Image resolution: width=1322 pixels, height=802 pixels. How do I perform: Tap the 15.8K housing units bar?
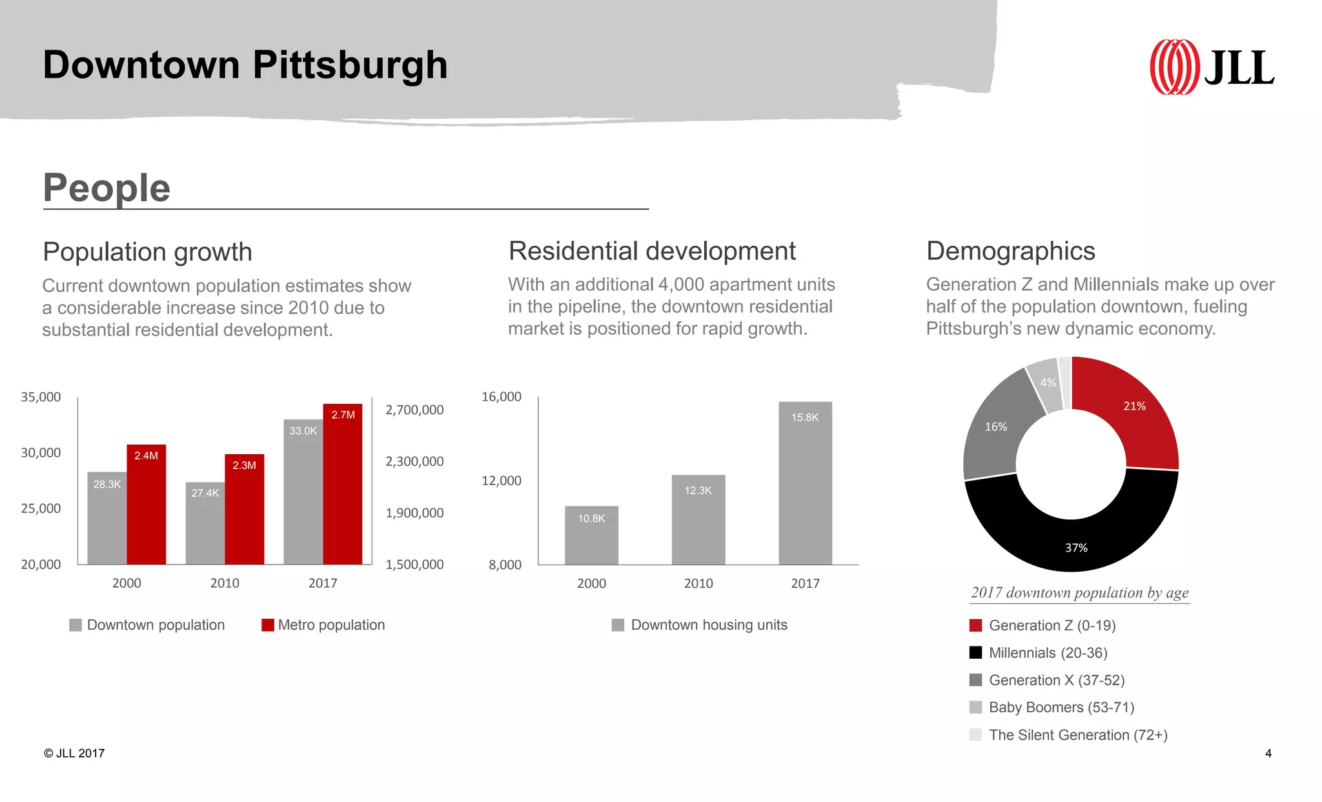[805, 484]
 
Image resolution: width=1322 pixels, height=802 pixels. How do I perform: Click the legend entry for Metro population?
[323, 625]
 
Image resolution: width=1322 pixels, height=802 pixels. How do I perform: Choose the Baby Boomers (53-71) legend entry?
[1052, 707]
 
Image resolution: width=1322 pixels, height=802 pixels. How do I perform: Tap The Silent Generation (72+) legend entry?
[1068, 735]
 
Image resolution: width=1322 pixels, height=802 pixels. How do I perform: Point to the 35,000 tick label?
[41, 397]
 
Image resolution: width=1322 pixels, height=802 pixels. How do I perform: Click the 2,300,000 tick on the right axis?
[414, 461]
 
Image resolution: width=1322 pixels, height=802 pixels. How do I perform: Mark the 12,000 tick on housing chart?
[501, 481]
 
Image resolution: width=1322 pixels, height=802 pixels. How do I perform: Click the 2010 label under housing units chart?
[698, 583]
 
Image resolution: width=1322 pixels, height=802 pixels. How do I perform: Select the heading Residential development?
[652, 251]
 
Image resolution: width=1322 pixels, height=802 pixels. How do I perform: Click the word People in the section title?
[107, 188]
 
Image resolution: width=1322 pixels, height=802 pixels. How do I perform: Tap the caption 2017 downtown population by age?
[1079, 592]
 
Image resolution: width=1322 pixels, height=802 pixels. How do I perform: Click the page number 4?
[1268, 753]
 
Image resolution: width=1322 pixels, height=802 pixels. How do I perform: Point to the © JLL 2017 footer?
[74, 753]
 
